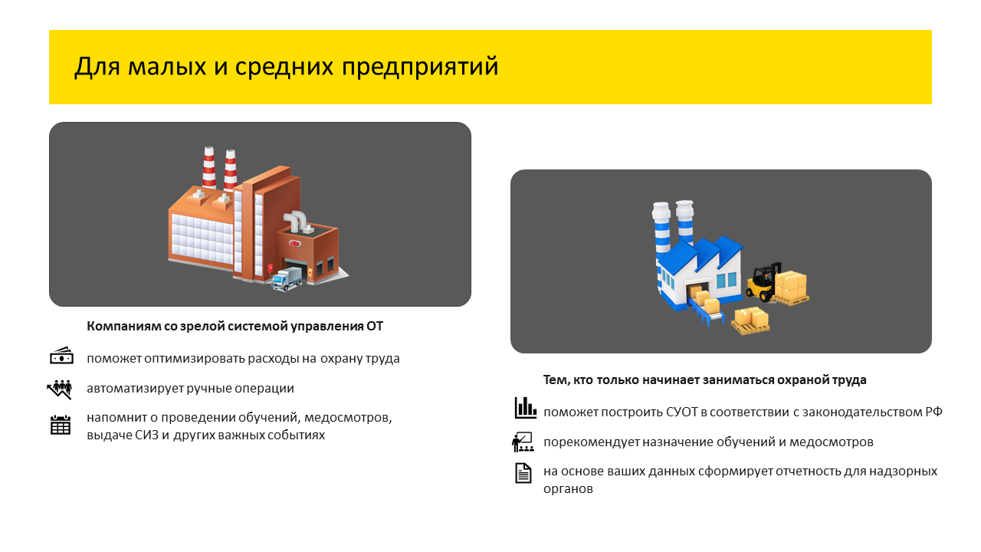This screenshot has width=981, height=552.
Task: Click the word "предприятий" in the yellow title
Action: pyautogui.click(x=420, y=67)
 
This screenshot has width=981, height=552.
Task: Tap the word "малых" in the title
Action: pyautogui.click(x=167, y=67)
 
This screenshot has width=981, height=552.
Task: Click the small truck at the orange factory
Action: pyautogui.click(x=287, y=278)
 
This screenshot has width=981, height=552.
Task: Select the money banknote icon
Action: pyautogui.click(x=61, y=356)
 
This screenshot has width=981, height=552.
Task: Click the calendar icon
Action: pyautogui.click(x=61, y=425)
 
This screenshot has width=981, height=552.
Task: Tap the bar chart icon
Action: pyautogui.click(x=525, y=408)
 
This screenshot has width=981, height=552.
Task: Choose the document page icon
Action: pyautogui.click(x=523, y=473)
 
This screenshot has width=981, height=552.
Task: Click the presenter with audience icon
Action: pyautogui.click(x=523, y=442)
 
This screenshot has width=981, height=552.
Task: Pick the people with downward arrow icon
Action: pyautogui.click(x=60, y=389)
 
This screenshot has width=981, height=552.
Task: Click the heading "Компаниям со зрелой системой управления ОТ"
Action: pyautogui.click(x=235, y=327)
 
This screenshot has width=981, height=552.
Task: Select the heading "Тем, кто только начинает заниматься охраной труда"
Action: pyautogui.click(x=704, y=379)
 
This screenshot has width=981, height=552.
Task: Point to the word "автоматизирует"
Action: pyautogui.click(x=135, y=389)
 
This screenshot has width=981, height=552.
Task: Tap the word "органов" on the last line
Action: pyautogui.click(x=568, y=489)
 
